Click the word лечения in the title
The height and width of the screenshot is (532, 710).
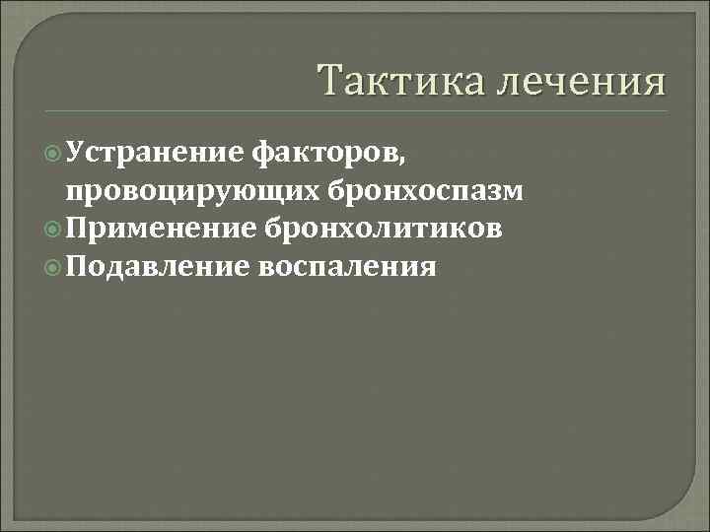click(x=581, y=80)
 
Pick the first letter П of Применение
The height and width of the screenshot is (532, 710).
click(x=78, y=229)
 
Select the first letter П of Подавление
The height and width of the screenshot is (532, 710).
click(x=78, y=266)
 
